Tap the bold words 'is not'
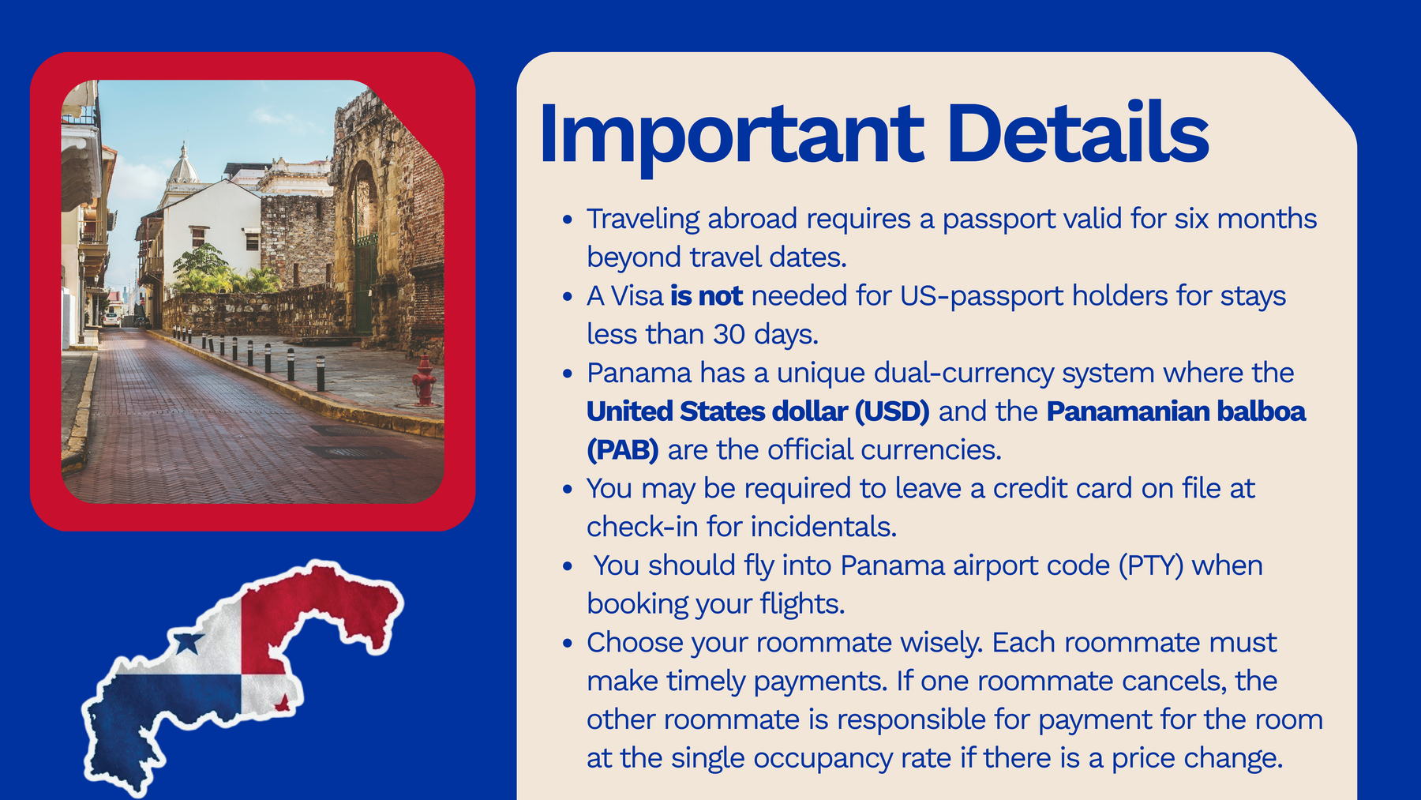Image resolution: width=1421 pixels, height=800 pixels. [707, 296]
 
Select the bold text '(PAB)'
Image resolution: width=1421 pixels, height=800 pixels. [623, 450]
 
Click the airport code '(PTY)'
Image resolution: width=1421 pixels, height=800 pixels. [1151, 566]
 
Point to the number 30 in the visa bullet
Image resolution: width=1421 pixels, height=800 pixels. [729, 335]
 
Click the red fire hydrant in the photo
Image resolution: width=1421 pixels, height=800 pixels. [425, 381]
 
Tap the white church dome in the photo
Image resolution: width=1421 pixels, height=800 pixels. [184, 167]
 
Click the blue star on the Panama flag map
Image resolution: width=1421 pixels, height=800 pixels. [188, 642]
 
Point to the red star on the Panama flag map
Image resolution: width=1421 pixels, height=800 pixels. [281, 701]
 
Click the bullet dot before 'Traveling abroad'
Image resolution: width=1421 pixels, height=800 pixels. [568, 220]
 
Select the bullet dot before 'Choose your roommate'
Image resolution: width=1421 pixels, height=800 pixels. [568, 644]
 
